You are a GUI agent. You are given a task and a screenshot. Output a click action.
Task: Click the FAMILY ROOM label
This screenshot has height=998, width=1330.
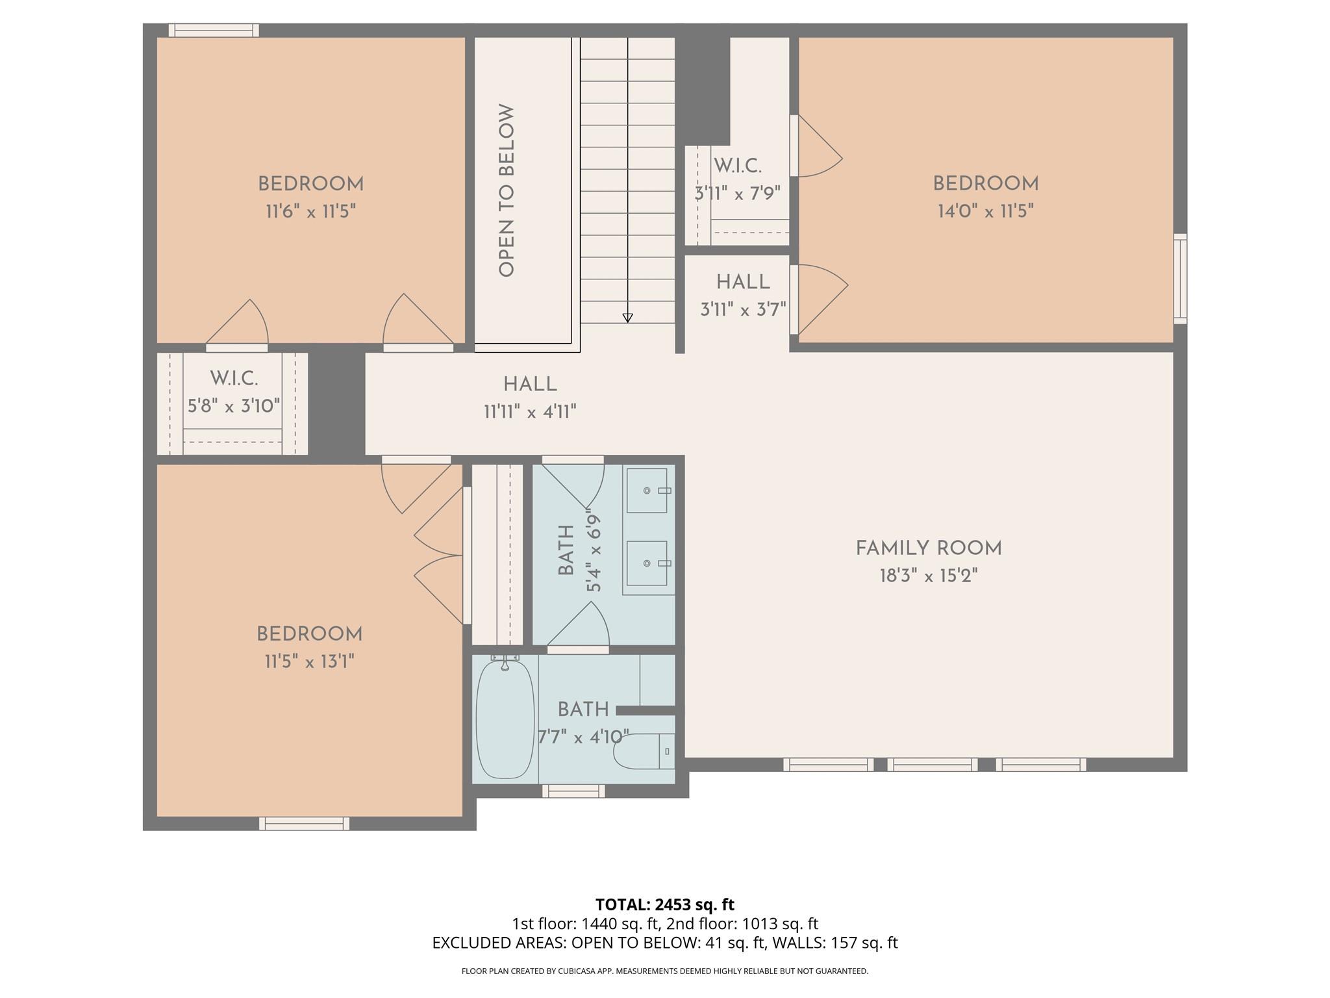(x=929, y=548)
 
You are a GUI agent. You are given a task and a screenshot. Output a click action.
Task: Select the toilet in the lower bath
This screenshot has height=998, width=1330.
(x=645, y=751)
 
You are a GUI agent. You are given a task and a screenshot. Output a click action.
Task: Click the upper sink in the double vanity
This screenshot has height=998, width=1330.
(x=647, y=491)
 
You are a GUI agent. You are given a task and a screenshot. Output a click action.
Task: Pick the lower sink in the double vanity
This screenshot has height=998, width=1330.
(x=647, y=563)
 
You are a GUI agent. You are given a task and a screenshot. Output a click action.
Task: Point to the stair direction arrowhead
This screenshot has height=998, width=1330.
(x=627, y=318)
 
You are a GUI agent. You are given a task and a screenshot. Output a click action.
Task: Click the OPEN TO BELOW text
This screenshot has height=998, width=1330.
(x=507, y=190)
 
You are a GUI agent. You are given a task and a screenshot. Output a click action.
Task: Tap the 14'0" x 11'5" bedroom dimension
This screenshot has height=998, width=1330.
(x=986, y=211)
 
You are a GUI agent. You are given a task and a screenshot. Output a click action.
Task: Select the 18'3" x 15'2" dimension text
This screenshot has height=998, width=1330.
(x=929, y=576)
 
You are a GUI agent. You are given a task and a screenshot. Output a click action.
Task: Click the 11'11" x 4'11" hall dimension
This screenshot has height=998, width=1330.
(x=531, y=412)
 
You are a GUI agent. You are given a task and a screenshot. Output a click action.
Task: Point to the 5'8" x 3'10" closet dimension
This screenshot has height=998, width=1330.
(x=234, y=406)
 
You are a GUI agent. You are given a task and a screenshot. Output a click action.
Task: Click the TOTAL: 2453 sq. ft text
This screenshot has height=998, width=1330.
(x=665, y=904)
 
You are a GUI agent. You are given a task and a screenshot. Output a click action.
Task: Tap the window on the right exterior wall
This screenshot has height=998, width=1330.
(x=1180, y=279)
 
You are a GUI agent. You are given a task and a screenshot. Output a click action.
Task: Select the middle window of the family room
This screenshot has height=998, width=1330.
(x=932, y=765)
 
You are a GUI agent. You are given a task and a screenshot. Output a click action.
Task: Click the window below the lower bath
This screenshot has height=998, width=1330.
(x=573, y=791)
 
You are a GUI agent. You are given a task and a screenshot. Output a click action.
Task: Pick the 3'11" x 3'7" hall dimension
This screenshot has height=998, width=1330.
(x=743, y=309)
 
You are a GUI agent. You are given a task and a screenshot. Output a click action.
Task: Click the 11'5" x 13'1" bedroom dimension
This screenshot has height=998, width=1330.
(x=309, y=662)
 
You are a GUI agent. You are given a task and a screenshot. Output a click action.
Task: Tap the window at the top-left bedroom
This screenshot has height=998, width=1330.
(x=214, y=31)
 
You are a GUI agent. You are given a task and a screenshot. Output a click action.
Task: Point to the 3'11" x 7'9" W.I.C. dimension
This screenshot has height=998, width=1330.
(x=738, y=194)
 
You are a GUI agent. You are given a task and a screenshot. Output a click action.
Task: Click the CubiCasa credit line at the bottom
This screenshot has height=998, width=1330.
(x=665, y=971)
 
